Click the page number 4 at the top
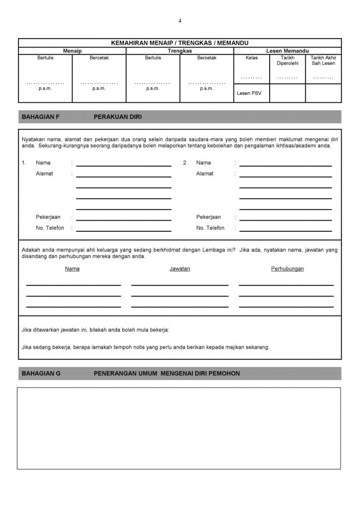point(180,21)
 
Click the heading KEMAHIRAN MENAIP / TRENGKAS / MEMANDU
point(180,43)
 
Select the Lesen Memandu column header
point(288,51)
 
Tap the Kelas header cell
point(252,58)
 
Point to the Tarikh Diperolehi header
point(288,61)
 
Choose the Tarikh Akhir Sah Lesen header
point(323,61)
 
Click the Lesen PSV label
point(249,93)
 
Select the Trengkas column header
point(180,51)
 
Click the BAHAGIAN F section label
point(41,117)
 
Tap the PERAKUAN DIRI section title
point(118,117)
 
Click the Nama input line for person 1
point(124,165)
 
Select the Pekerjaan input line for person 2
point(286,219)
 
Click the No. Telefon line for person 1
point(124,230)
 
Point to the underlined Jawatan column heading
point(180,269)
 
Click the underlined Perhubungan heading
point(288,269)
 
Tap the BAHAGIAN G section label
point(41,373)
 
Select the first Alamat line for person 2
point(286,176)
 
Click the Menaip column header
point(72,51)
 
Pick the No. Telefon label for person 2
point(210,228)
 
